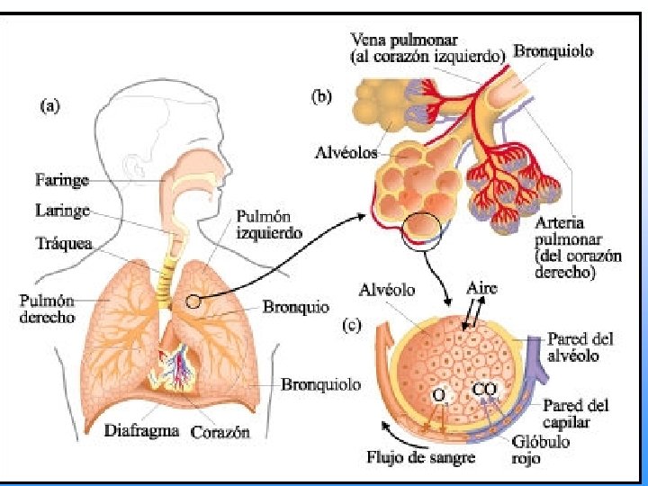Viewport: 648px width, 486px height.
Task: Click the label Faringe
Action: (x=62, y=180)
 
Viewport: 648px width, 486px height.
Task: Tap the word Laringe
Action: (x=62, y=211)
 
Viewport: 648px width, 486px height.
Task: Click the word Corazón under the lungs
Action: (x=220, y=432)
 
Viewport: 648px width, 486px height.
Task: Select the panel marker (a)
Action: (x=52, y=105)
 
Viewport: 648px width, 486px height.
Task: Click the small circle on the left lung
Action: (x=193, y=302)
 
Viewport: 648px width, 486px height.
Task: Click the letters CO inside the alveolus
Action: (x=483, y=391)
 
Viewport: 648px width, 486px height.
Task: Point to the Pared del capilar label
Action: (x=575, y=413)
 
